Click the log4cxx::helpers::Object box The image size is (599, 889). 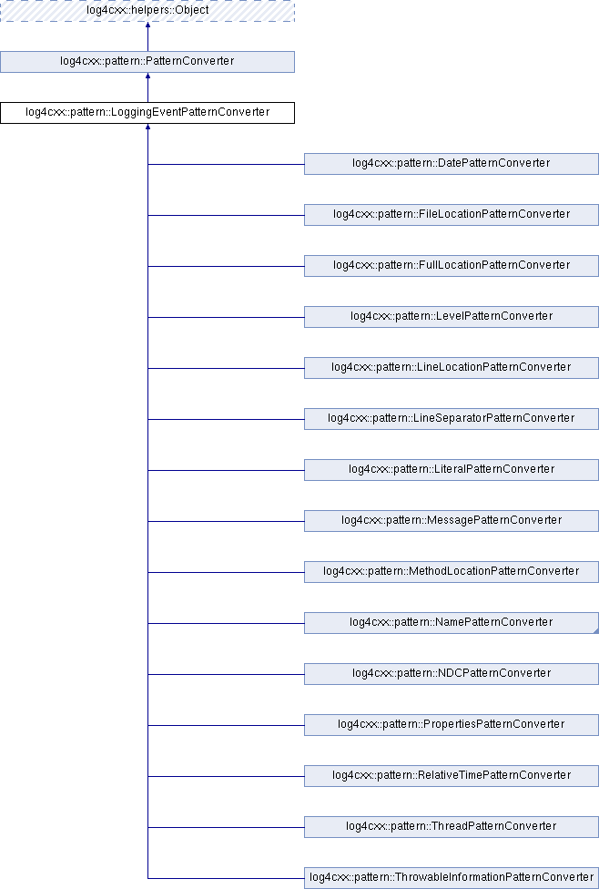tap(147, 11)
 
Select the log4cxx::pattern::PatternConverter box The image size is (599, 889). tap(147, 62)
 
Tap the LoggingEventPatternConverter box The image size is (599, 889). tap(147, 113)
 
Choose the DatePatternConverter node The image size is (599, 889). tap(451, 164)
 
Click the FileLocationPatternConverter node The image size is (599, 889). tap(451, 215)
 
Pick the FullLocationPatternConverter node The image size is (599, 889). tap(451, 266)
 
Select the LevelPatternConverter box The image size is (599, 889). tap(451, 317)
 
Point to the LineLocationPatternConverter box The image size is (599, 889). tap(451, 368)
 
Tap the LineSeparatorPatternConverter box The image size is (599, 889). tap(451, 419)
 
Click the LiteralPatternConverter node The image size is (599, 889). tap(451, 470)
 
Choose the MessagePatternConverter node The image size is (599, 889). tap(451, 521)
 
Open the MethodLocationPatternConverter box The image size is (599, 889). tap(451, 572)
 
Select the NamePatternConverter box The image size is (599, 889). tap(451, 623)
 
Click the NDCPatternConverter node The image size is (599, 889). tap(451, 674)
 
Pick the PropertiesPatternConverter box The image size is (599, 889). tap(451, 725)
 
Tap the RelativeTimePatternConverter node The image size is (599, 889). tap(451, 776)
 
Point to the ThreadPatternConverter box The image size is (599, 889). tap(451, 827)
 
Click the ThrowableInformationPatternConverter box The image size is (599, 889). tap(451, 878)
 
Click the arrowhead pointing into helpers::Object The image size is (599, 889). tap(147, 26)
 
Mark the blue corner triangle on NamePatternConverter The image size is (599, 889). tap(594, 629)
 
